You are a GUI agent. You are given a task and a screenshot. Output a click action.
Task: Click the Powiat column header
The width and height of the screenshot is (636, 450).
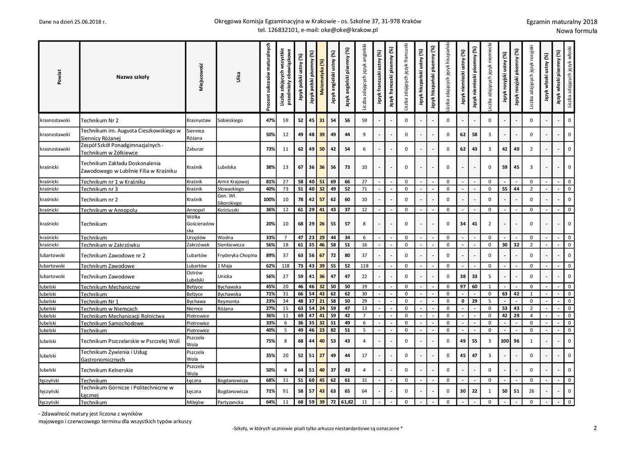59,77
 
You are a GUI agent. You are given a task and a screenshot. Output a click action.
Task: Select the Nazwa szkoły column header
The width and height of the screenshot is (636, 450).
132,77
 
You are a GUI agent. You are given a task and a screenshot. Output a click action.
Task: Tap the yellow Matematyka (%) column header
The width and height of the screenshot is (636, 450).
322,77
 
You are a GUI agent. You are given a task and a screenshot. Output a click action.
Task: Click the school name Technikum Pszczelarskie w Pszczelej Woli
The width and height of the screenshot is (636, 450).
130,341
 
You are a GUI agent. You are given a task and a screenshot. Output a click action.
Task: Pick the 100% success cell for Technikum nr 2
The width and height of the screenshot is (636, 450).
269,199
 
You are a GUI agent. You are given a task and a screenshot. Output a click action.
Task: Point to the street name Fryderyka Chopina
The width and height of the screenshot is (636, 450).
237,256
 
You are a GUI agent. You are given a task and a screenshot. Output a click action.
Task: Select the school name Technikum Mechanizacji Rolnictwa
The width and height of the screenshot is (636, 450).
122,316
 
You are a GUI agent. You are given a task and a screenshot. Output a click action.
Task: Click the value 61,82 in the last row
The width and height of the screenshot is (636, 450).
347,403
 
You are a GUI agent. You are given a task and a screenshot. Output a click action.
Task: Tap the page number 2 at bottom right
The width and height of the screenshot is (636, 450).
595,428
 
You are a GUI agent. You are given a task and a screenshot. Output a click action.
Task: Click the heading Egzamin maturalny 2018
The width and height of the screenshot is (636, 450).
561,22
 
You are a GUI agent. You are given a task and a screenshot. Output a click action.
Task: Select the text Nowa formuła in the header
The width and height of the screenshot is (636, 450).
576,31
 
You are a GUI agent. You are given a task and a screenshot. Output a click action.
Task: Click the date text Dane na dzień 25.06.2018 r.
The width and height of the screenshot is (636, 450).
72,22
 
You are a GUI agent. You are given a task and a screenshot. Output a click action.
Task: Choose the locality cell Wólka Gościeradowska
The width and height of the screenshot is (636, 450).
200,223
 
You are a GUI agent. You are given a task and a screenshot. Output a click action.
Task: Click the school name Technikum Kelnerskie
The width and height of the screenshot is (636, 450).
107,370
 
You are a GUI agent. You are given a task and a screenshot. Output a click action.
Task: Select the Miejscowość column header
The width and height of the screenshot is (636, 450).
201,77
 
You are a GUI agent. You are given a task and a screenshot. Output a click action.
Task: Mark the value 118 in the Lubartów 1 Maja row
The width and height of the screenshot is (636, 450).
285,266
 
